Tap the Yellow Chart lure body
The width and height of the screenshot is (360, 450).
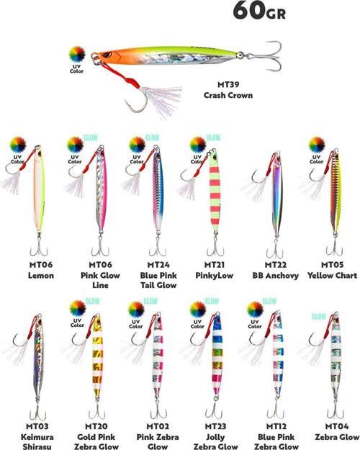[x=335, y=194]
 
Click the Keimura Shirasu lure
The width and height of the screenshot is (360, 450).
[x=39, y=360]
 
